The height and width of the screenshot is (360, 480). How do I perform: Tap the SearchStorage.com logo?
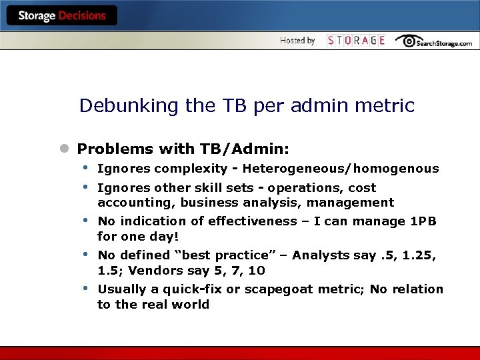coord(433,41)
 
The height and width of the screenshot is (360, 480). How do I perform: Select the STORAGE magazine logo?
coord(356,41)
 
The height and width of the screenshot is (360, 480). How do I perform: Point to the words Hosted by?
coord(297,41)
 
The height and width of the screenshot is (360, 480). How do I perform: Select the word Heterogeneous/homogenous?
coord(341,169)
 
